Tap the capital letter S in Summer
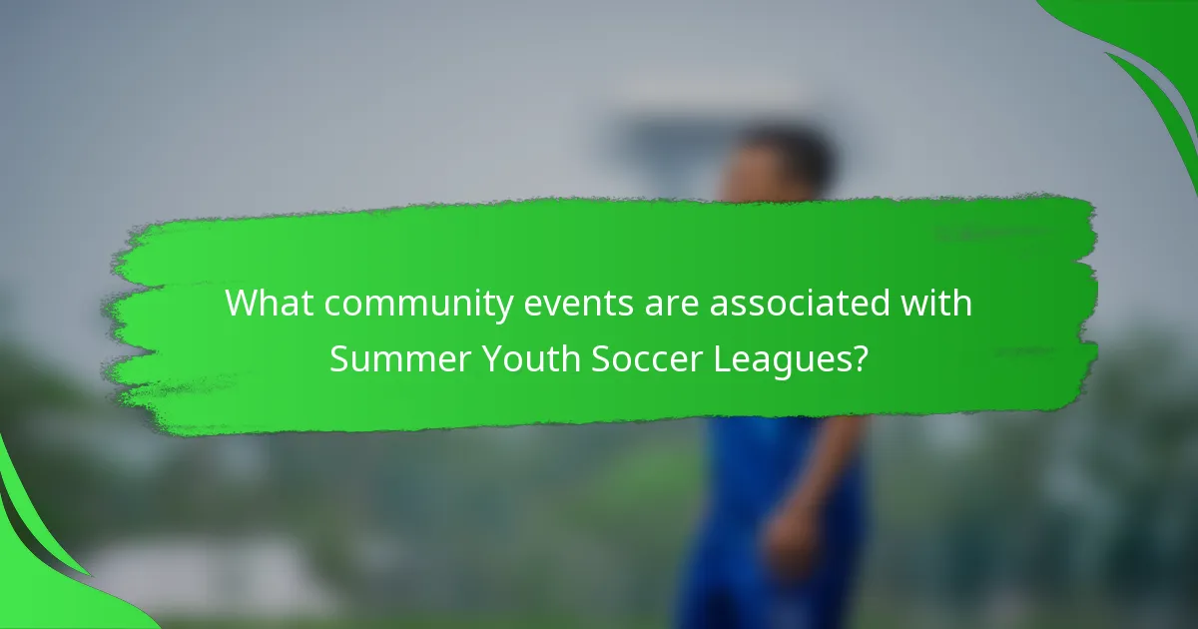coord(340,357)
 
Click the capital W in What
coord(241,304)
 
